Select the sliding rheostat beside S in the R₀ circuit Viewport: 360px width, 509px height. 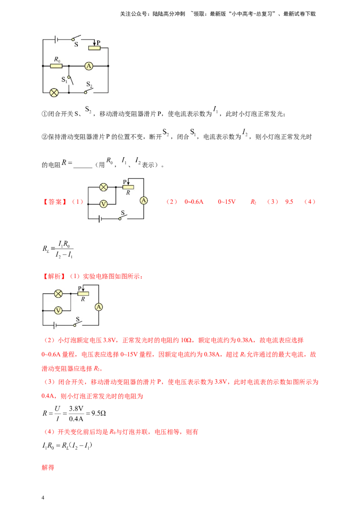pyautogui.click(x=94, y=48)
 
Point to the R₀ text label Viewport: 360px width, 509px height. pyautogui.click(x=57, y=59)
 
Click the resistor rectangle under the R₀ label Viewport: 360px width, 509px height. pyautogui.click(x=56, y=66)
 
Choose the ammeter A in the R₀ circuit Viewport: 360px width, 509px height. pyautogui.click(x=89, y=66)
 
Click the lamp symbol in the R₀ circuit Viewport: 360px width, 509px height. pyautogui.click(x=54, y=93)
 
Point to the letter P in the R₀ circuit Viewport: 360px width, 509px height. pyautogui.click(x=99, y=42)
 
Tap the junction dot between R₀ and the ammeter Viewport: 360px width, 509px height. pyautogui.click(x=68, y=66)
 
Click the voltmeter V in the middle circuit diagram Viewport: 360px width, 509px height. pyautogui.click(x=103, y=204)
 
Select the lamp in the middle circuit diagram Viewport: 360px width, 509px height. pyautogui.click(x=103, y=187)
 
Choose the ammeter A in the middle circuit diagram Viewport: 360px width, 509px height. pyautogui.click(x=144, y=201)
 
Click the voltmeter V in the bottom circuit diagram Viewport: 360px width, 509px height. pyautogui.click(x=58, y=310)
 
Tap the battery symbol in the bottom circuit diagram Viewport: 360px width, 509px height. pyautogui.click(x=55, y=324)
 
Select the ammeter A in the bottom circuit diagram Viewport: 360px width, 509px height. pyautogui.click(x=99, y=307)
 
